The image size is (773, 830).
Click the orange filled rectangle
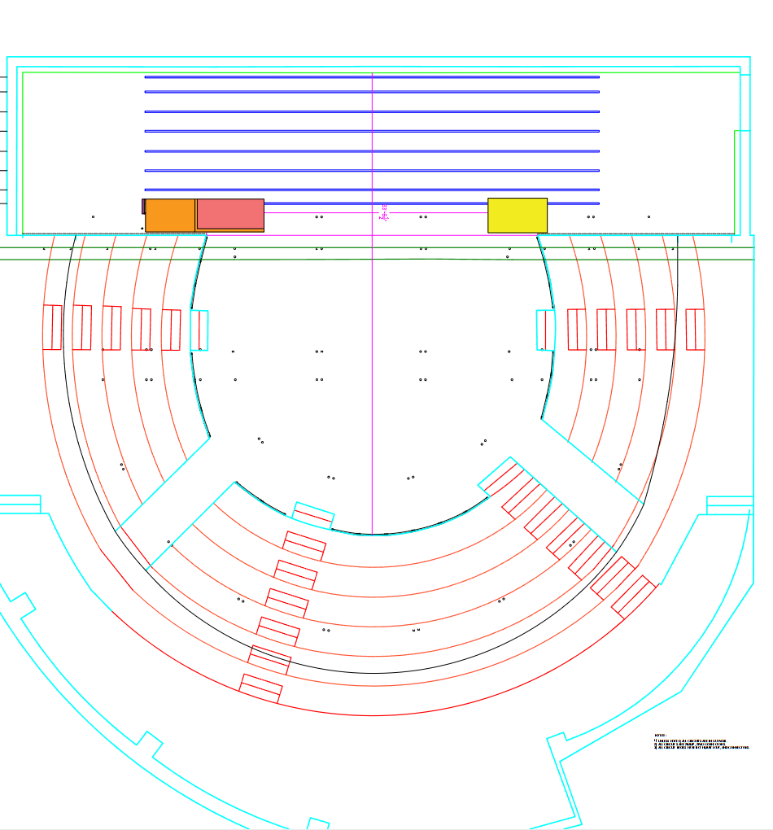[170, 215]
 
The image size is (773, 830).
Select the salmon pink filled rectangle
[230, 213]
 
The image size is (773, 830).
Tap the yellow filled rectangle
[517, 215]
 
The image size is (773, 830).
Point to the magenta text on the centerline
[384, 212]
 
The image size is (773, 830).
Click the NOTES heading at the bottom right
[660, 736]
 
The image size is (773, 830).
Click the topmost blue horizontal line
[372, 77]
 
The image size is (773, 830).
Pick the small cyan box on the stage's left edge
[199, 330]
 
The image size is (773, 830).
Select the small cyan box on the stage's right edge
[545, 330]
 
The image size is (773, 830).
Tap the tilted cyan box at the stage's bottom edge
[313, 516]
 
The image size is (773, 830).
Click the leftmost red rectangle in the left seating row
[52, 327]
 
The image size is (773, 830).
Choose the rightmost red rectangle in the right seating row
[695, 330]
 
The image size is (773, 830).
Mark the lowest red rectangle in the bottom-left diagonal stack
[260, 688]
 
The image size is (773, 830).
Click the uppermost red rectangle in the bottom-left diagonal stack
[304, 545]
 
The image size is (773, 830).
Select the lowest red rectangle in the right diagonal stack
[633, 596]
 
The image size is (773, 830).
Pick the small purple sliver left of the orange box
[143, 206]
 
